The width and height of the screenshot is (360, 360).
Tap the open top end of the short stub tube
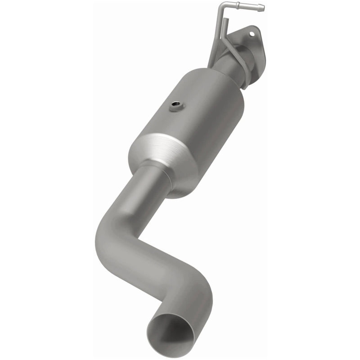pos(226,20)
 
